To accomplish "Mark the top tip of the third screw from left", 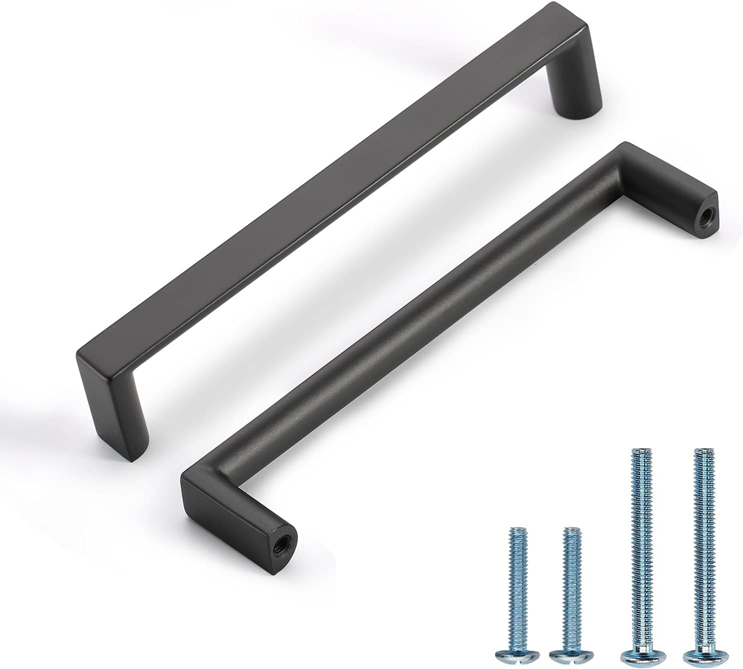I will tap(637, 451).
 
